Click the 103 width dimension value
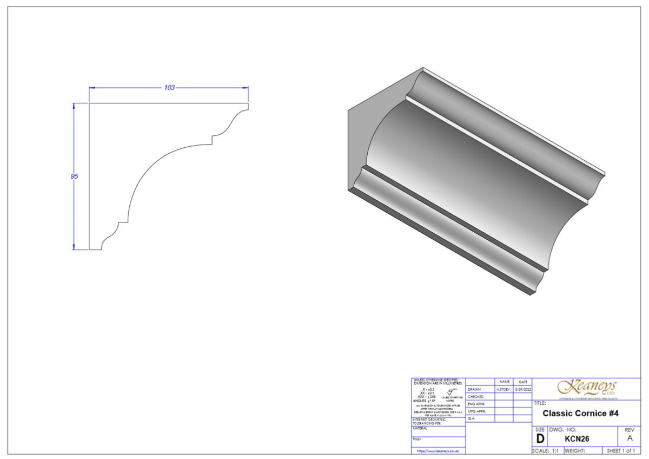[x=169, y=88]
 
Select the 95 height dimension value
[x=74, y=176]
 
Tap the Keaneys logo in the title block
[x=586, y=388]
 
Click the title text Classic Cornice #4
[x=580, y=414]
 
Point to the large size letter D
[x=540, y=439]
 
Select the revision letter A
[x=629, y=439]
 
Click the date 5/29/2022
[x=522, y=389]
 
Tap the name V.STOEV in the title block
[x=504, y=389]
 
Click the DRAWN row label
[x=474, y=389]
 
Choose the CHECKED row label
[x=476, y=397]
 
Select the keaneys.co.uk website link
[x=438, y=450]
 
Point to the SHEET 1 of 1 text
[x=621, y=450]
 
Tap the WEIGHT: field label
[x=575, y=450]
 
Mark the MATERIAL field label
[x=420, y=428]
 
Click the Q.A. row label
[x=472, y=418]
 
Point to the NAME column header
[x=504, y=382]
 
